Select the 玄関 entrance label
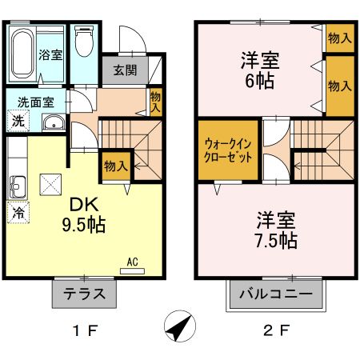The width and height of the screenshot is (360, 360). [x=124, y=70]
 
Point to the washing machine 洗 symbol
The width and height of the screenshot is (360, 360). [x=17, y=122]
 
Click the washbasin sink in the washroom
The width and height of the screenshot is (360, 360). [x=53, y=123]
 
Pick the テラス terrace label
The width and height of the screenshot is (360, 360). [x=86, y=294]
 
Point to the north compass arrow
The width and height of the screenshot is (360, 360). [x=181, y=327]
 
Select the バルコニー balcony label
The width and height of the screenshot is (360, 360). [x=276, y=294]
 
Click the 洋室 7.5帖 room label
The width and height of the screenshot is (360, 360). [x=278, y=229]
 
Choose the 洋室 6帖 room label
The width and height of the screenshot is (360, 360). [x=262, y=70]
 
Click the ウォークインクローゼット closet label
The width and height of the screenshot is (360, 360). [x=230, y=150]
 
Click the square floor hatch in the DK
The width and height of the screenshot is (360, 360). [x=54, y=183]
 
